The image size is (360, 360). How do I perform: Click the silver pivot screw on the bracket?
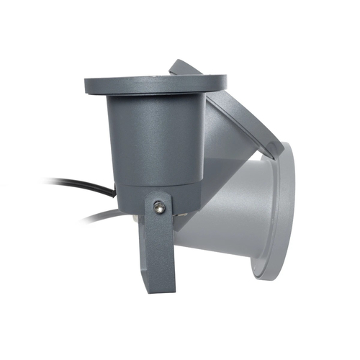point(159,207)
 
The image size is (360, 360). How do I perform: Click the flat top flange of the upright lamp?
point(155,83)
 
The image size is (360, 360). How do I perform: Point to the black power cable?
point(79,186)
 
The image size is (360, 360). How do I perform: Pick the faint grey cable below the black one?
point(101,215)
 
